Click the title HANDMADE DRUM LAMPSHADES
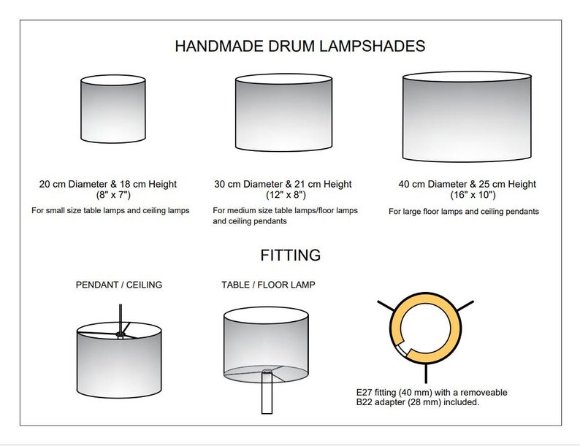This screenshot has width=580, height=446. click(300, 46)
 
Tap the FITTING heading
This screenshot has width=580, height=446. click(291, 255)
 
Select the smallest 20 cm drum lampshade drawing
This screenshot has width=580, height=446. click(112, 109)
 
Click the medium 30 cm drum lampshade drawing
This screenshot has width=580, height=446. click(283, 112)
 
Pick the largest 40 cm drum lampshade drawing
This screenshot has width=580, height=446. click(467, 117)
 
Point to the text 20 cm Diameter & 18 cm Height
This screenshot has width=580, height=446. click(108, 184)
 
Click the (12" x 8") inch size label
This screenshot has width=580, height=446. click(286, 195)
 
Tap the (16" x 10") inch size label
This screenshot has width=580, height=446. click(473, 195)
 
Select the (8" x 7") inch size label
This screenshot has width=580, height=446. click(113, 195)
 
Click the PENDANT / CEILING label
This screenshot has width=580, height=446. click(119, 285)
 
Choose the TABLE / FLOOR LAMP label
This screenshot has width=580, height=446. click(268, 285)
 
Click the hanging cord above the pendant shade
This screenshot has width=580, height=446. click(121, 318)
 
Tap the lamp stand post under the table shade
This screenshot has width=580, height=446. click(267, 393)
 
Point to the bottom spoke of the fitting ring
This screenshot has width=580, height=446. click(426, 374)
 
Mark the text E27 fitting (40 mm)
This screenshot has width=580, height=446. click(394, 393)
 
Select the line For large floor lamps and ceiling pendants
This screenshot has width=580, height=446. click(463, 212)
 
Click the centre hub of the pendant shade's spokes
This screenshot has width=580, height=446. click(121, 335)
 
